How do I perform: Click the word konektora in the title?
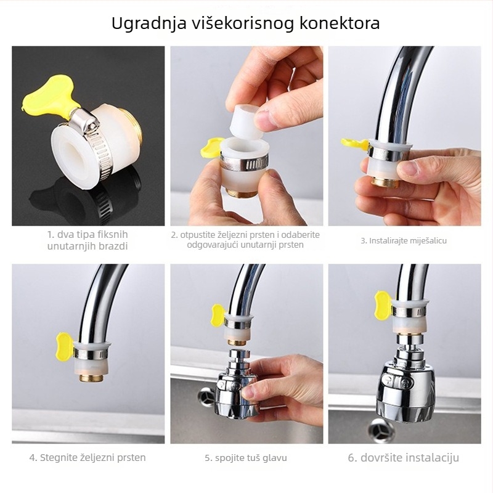pyautogui.click(x=340, y=23)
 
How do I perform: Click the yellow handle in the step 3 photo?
pyautogui.click(x=356, y=144)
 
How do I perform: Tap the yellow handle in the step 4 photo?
pyautogui.click(x=65, y=346)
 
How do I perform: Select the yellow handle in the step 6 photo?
pyautogui.click(x=383, y=306)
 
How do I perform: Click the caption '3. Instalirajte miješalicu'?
pyautogui.click(x=404, y=241)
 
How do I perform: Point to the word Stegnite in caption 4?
pyautogui.click(x=59, y=458)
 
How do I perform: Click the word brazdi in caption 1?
pyautogui.click(x=113, y=246)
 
